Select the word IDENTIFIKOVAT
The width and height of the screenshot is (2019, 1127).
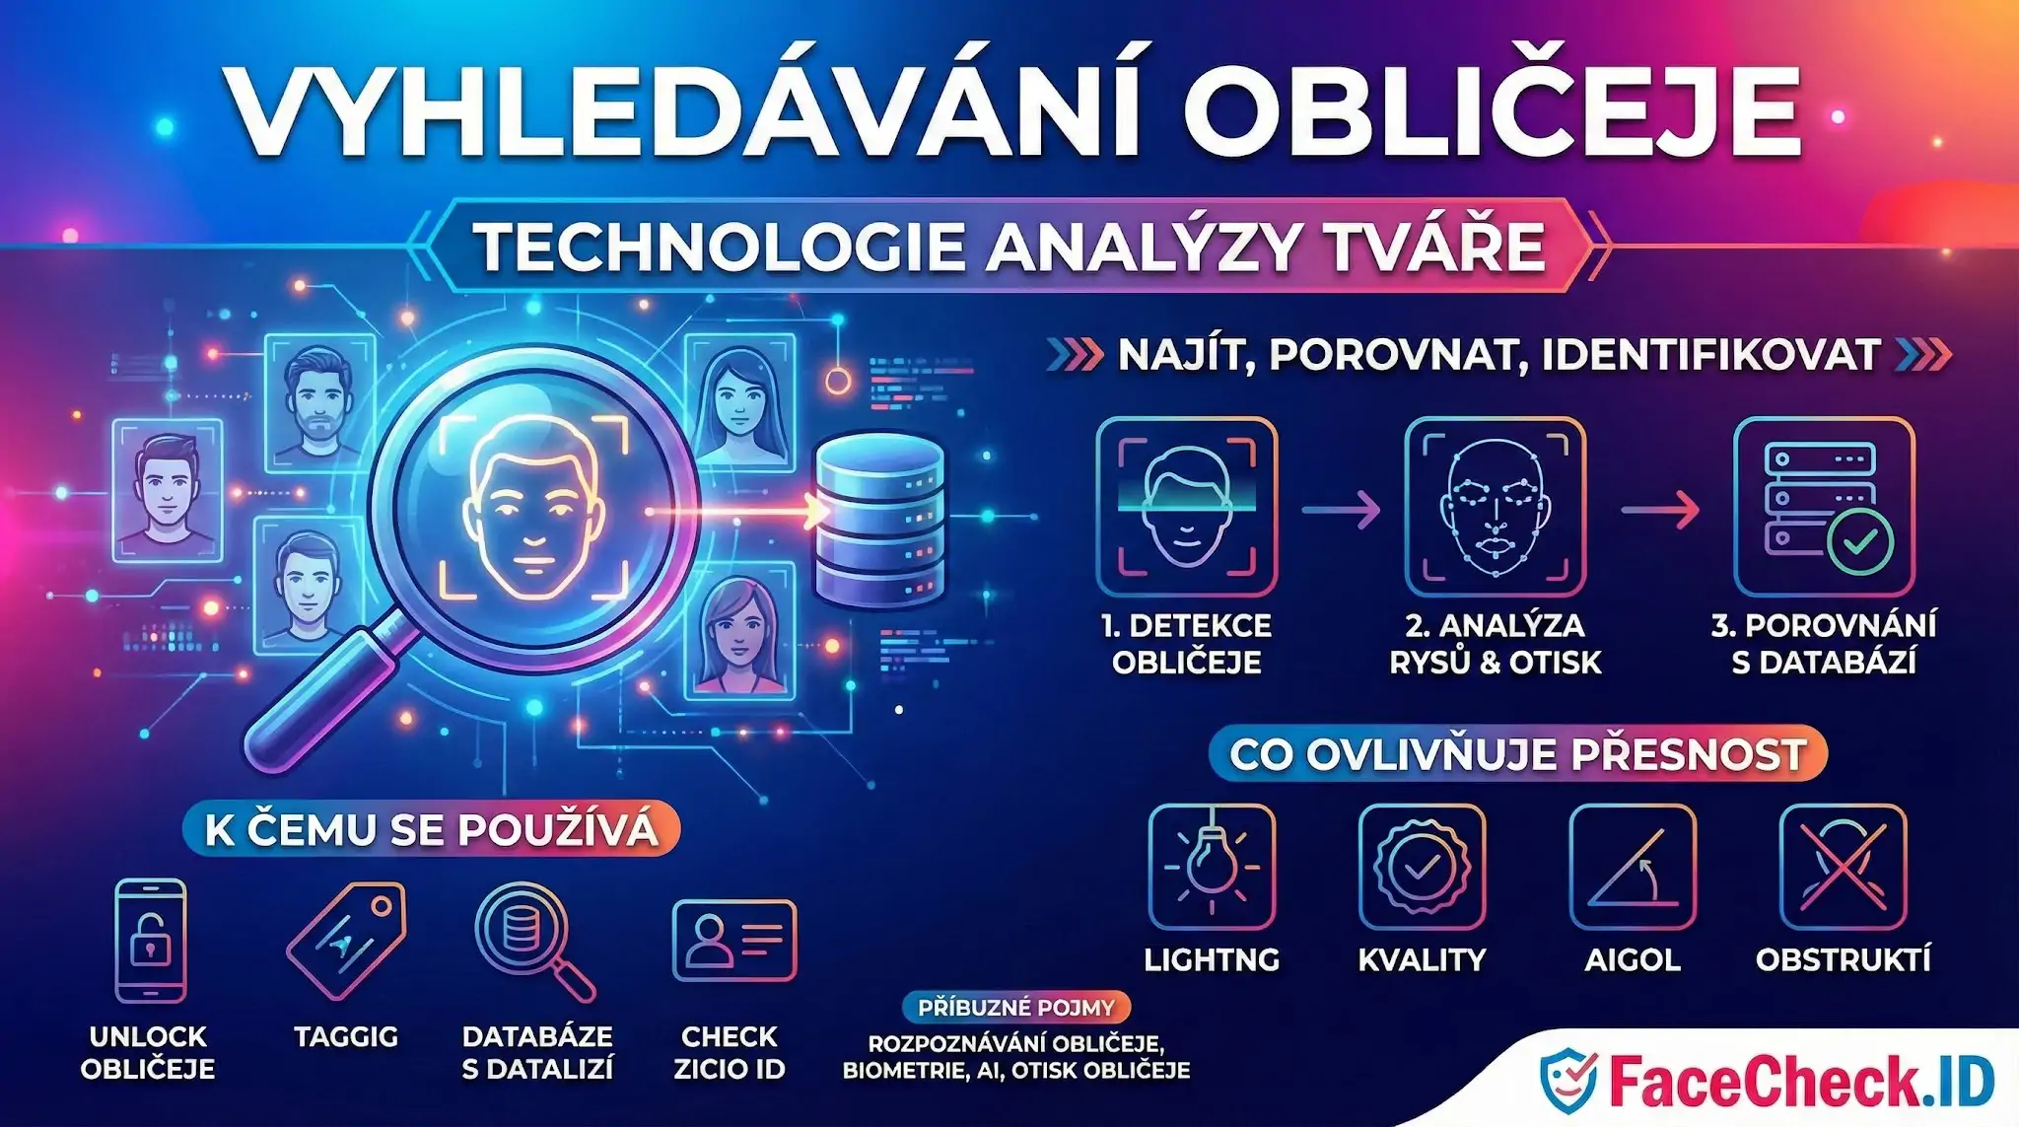[1709, 355]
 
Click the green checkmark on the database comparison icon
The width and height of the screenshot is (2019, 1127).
[1858, 541]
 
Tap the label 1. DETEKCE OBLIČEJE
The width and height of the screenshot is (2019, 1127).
[1186, 643]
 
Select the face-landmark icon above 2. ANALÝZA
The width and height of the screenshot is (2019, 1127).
[1495, 507]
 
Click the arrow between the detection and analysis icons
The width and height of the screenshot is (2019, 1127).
[1341, 510]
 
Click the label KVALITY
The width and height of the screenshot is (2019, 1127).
[1421, 959]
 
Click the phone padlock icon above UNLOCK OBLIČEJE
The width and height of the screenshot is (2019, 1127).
[150, 941]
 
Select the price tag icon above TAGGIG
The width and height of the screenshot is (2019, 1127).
[346, 939]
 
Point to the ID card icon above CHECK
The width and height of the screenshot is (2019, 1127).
[733, 940]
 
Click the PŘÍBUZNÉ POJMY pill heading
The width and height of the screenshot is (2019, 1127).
[1015, 1008]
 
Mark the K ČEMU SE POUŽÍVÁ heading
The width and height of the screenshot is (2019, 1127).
[431, 829]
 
